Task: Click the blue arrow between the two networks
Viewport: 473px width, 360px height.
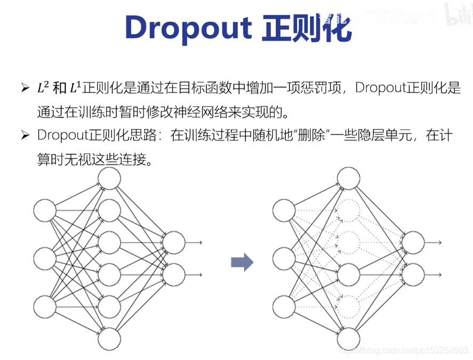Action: pos(242,262)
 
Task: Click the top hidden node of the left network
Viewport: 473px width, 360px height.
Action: pos(109,179)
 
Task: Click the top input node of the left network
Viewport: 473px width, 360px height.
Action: pos(45,210)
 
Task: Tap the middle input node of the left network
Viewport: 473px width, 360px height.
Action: pos(45,258)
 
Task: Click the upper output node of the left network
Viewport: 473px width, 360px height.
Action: pos(174,243)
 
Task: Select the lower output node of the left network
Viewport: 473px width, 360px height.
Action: pos(174,275)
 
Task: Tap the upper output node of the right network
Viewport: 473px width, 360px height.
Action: pos(413,243)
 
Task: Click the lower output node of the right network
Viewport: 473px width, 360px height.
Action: pos(413,275)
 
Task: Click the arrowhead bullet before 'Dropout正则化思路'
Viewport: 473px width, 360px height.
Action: pos(25,135)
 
